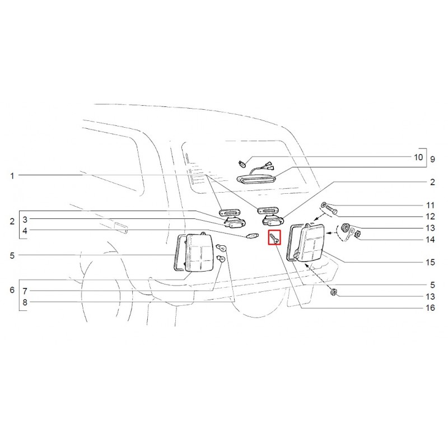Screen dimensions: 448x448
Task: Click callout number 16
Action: (x=430, y=307)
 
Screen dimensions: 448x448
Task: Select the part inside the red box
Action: (x=274, y=237)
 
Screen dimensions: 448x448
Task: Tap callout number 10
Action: (x=418, y=157)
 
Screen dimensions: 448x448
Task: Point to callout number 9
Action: (x=432, y=159)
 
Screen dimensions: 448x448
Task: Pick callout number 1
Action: (x=12, y=176)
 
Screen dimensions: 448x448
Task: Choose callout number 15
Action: (x=430, y=262)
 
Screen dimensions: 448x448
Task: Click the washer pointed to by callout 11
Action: (x=324, y=204)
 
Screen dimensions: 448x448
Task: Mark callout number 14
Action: (x=430, y=240)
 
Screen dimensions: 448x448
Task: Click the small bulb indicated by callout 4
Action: (x=253, y=236)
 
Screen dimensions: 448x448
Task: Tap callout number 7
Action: (x=25, y=291)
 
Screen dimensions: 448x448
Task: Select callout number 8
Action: (x=25, y=302)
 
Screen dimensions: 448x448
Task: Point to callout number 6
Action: (x=12, y=290)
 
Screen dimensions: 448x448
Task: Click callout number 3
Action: (x=25, y=220)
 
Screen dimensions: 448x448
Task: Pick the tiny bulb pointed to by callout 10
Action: (x=242, y=164)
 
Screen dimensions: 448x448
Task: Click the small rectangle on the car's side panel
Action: (x=120, y=227)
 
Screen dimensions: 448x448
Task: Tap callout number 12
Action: (x=430, y=216)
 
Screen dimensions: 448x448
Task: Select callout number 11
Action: (x=430, y=205)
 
